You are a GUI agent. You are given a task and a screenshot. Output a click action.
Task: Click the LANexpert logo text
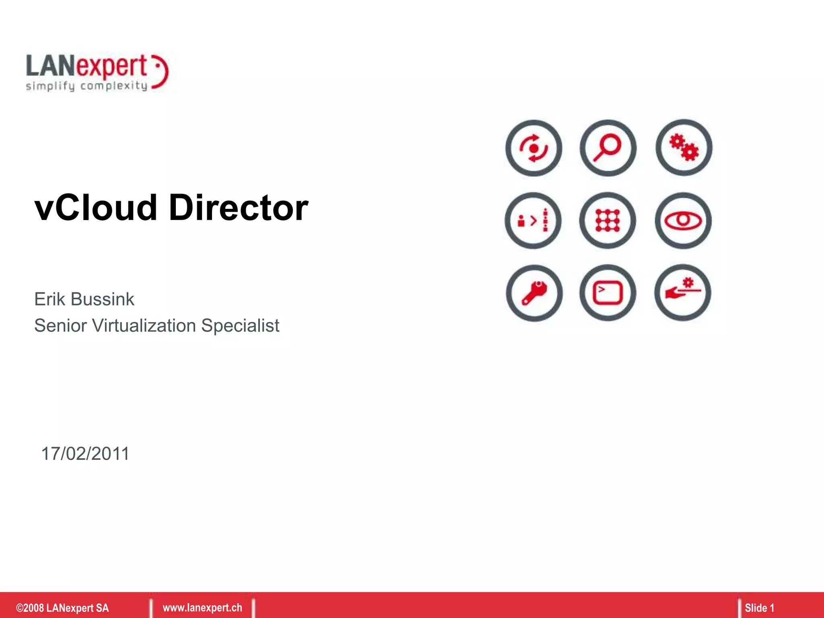click(x=87, y=66)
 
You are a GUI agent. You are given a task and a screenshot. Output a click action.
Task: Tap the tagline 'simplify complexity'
click(x=87, y=86)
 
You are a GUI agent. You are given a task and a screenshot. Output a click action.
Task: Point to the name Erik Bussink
click(x=84, y=299)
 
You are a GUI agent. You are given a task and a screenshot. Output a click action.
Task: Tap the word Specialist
click(x=240, y=325)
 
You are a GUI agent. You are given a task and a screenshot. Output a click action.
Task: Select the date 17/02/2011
click(x=85, y=454)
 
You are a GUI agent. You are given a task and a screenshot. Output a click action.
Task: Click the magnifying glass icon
click(x=608, y=148)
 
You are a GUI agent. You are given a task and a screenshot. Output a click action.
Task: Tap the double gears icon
click(x=684, y=148)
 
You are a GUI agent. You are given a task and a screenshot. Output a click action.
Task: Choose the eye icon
click(x=683, y=220)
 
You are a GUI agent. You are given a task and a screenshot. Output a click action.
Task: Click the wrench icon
click(x=534, y=293)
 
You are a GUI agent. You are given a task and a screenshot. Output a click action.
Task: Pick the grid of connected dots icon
click(x=608, y=220)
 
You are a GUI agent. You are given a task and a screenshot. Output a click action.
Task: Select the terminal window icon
click(x=608, y=293)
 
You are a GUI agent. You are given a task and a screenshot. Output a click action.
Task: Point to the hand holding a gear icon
click(x=683, y=293)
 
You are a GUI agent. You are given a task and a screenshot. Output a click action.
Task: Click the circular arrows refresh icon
click(x=534, y=148)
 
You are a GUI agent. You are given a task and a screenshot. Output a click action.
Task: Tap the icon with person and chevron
click(x=533, y=220)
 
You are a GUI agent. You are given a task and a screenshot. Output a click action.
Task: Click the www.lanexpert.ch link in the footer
click(x=202, y=608)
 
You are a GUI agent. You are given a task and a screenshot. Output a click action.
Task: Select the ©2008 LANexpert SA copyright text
click(x=62, y=608)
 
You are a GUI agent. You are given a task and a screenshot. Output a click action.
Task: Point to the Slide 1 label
click(x=759, y=608)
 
